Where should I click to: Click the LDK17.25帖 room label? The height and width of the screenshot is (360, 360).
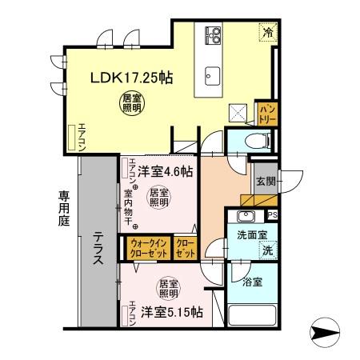click(131, 78)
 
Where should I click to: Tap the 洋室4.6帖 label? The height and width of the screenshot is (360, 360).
click(165, 170)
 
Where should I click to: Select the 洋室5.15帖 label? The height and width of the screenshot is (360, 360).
click(172, 310)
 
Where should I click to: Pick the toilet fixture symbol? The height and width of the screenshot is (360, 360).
click(251, 141)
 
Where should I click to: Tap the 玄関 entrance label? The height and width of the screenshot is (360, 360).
click(266, 182)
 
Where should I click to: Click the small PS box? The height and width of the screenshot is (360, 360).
click(272, 214)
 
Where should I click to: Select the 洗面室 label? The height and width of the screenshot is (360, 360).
click(250, 236)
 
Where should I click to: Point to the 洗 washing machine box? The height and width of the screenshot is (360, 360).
click(266, 250)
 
